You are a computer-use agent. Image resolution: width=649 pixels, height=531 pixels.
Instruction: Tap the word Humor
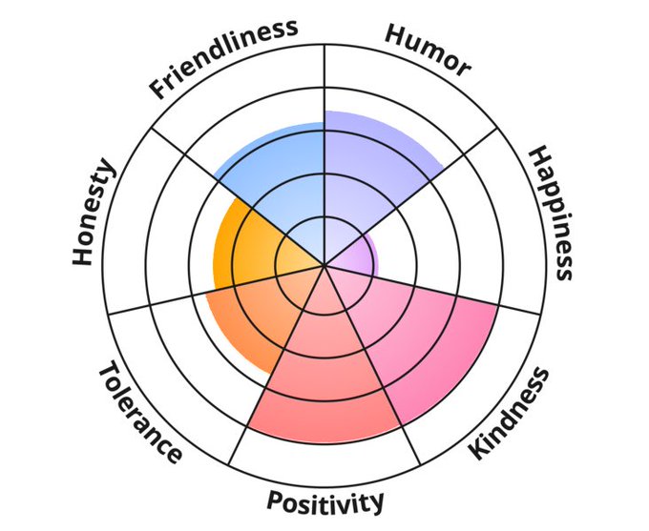427,49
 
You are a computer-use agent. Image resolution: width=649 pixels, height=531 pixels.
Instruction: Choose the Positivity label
325,500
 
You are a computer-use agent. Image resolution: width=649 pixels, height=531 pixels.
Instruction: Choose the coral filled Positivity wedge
324,372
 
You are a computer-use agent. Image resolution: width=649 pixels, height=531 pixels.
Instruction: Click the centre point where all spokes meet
324,264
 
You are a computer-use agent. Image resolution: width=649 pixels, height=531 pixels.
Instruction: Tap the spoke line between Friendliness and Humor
324,76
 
